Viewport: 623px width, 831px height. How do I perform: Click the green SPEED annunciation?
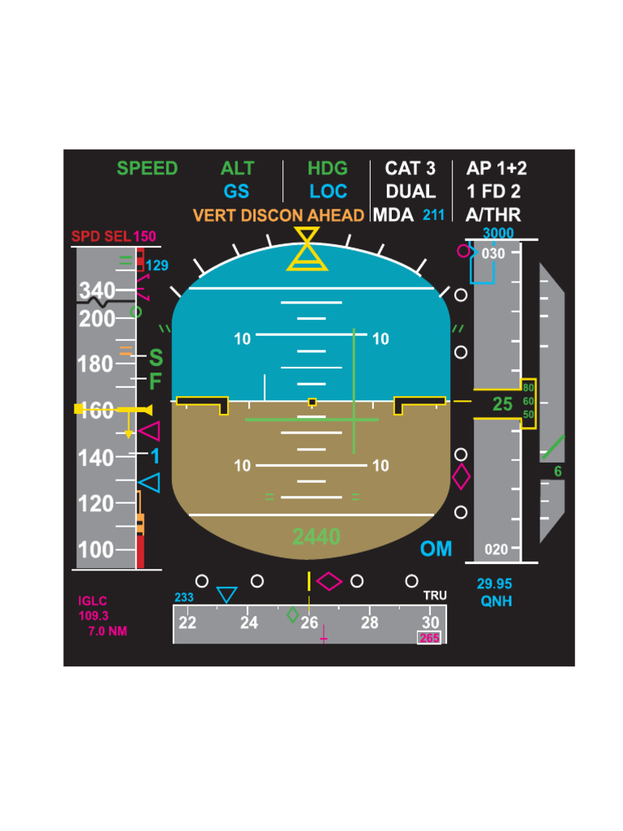tap(147, 169)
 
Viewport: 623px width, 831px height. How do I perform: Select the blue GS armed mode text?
tap(237, 192)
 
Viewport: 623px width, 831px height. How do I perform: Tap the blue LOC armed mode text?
tap(328, 192)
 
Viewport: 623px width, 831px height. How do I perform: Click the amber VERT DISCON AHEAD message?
tap(278, 216)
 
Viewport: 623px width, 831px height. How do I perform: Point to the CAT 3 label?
tap(410, 169)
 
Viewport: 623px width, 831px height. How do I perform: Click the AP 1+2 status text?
tap(496, 169)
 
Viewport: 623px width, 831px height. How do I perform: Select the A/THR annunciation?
tap(493, 216)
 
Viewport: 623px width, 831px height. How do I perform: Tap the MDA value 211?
tap(434, 216)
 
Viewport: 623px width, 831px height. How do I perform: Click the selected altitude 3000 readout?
tap(498, 234)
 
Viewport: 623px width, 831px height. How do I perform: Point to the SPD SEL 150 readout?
tap(114, 237)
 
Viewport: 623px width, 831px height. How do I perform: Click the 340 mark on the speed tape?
tap(97, 291)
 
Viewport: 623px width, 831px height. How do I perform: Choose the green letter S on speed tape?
tap(156, 358)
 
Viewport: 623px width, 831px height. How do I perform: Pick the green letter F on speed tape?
tap(156, 381)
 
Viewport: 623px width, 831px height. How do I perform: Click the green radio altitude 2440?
tap(316, 536)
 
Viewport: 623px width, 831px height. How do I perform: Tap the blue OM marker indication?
tap(436, 549)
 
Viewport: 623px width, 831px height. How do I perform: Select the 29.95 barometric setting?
tap(494, 584)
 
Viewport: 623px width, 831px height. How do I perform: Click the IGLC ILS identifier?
tap(92, 601)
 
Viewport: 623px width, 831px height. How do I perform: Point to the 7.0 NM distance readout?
tap(107, 631)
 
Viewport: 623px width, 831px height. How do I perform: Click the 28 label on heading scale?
tap(369, 623)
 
